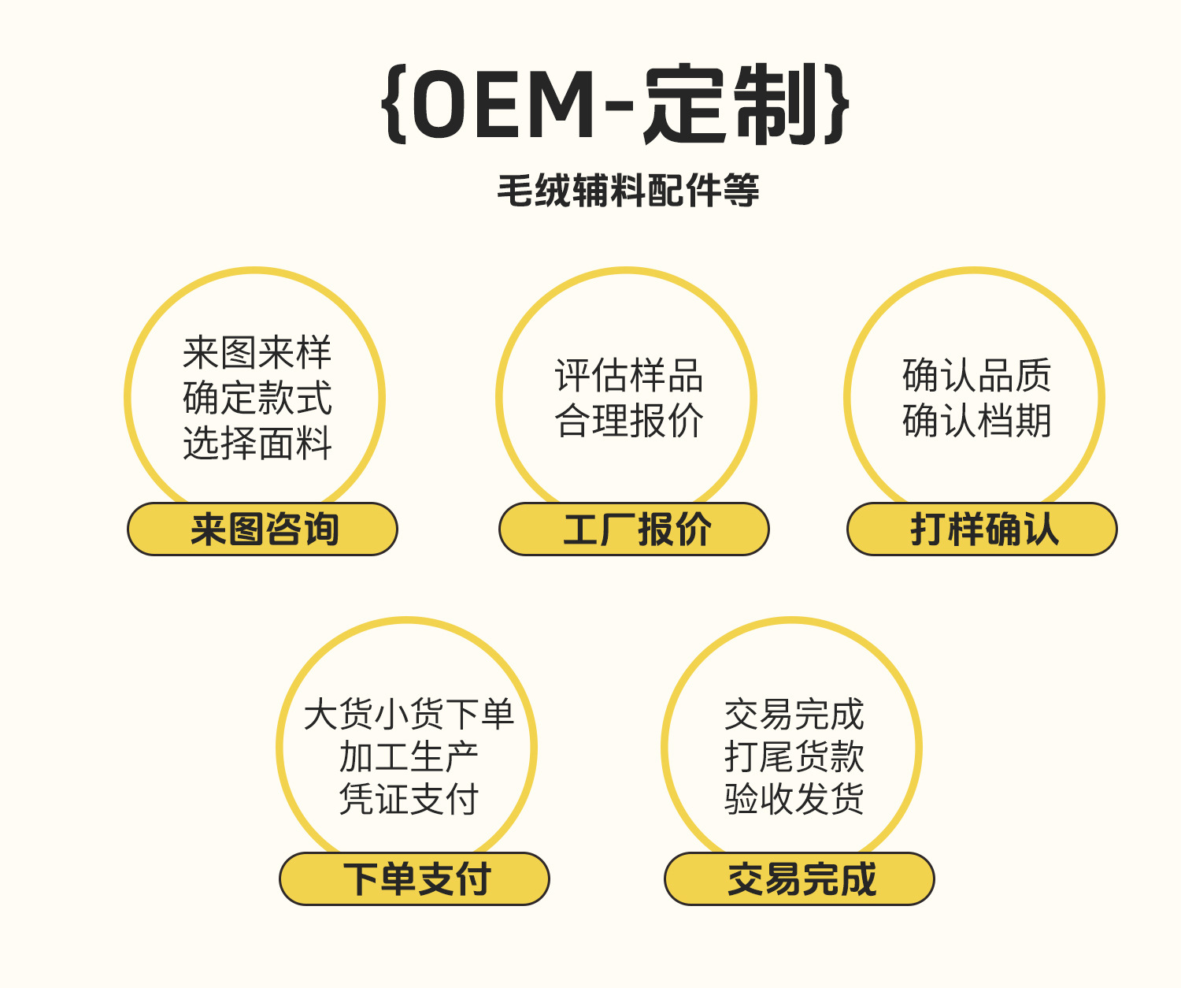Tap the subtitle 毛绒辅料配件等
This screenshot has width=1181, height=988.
tap(628, 191)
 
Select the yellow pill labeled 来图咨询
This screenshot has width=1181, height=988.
tap(262, 529)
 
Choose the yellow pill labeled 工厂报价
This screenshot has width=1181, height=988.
tap(634, 529)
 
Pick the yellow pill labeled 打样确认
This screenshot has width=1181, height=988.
tap(982, 529)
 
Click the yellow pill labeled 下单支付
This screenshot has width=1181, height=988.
tap(414, 878)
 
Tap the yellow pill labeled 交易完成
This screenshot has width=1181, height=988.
tap(799, 878)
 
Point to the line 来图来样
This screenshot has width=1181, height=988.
tap(257, 352)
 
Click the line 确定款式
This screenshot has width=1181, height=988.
tap(257, 398)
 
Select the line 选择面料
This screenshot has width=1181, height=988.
tap(257, 443)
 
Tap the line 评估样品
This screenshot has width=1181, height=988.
tap(628, 375)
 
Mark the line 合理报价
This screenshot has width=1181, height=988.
tap(628, 420)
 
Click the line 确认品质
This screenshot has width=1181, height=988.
tap(976, 375)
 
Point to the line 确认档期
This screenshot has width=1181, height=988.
tap(976, 420)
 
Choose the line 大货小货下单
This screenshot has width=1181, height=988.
tap(409, 715)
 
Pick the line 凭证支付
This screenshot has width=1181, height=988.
tap(409, 799)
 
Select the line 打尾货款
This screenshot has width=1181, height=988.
tap(794, 757)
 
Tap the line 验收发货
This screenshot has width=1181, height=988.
tap(794, 799)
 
